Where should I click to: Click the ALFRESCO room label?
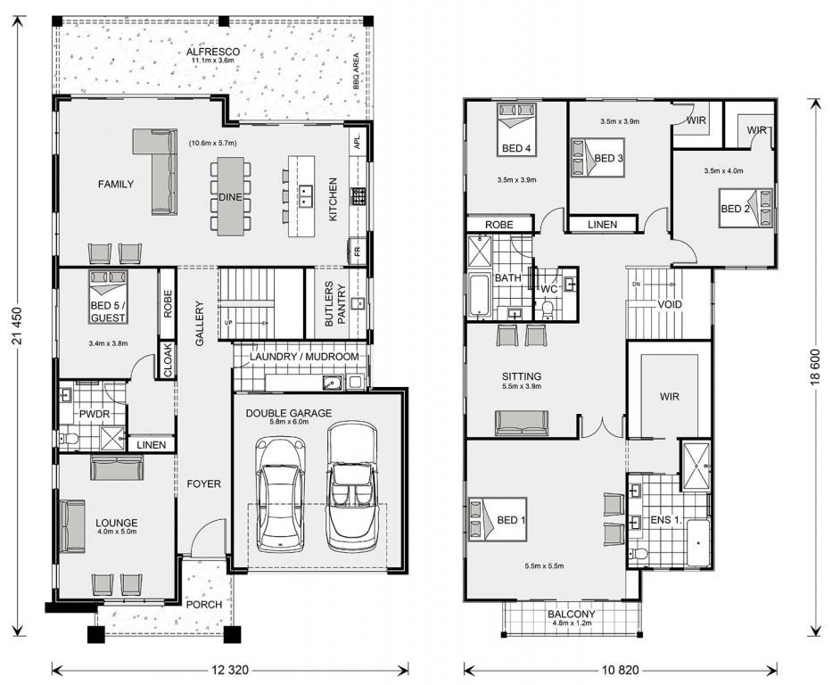212,52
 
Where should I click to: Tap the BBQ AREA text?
356,70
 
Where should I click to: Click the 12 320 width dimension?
230,670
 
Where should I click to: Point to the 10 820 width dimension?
620,670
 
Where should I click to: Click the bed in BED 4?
515,129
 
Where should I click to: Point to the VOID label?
670,304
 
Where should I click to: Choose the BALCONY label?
572,614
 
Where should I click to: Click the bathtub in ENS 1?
698,543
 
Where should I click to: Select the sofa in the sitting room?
522,423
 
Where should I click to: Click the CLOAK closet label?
167,359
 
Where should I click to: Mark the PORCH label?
203,605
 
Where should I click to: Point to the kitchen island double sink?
305,196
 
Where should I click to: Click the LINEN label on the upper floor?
602,225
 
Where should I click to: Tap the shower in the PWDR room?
112,437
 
